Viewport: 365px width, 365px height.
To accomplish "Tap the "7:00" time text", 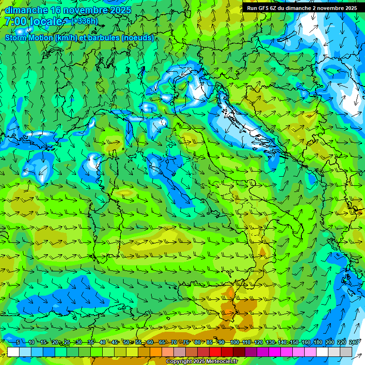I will click(16, 21).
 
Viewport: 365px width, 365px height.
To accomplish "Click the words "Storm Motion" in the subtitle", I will click(29, 38).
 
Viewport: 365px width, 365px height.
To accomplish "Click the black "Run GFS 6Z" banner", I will click(302, 8).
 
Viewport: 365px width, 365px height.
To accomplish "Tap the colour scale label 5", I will click(18, 342).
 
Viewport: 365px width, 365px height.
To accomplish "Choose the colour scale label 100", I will click(234, 342).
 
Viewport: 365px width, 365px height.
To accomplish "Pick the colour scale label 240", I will click(354, 342).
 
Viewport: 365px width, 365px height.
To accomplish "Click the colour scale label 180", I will click(317, 342).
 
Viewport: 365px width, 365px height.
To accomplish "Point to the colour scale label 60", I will click(150, 342).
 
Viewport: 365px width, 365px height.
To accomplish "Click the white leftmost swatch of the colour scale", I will click(13, 352).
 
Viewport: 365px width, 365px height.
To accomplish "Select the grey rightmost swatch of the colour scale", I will click(346, 352).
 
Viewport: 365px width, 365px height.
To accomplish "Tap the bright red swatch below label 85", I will click(215, 352).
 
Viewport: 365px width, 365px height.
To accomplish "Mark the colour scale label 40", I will click(102, 342).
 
